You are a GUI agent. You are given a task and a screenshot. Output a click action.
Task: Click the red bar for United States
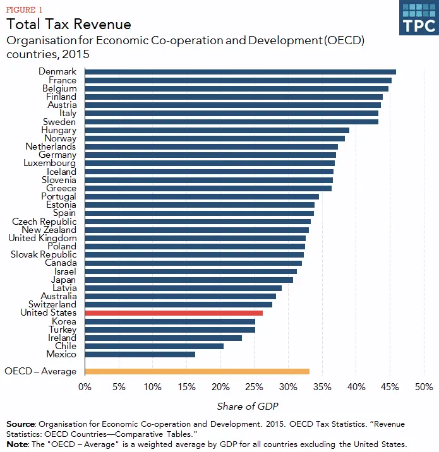(x=174, y=312)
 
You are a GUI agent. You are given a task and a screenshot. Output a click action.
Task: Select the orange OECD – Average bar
(x=197, y=371)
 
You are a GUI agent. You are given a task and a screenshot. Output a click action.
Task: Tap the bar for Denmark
(x=240, y=72)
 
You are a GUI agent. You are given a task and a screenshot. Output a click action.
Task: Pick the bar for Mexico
(x=140, y=354)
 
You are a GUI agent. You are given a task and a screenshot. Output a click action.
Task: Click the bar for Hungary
(x=217, y=130)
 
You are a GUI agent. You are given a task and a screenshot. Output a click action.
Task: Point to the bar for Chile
(x=154, y=346)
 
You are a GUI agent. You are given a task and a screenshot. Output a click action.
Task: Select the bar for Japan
(x=189, y=280)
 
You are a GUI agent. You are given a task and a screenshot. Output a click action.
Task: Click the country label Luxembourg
(x=49, y=163)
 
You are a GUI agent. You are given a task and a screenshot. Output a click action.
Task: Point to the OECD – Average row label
(x=40, y=371)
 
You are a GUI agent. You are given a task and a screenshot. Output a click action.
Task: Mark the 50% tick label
(x=423, y=386)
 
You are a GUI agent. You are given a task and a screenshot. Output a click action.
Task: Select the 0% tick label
(x=85, y=386)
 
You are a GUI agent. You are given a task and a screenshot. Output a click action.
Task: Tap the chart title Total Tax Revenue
(x=69, y=25)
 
